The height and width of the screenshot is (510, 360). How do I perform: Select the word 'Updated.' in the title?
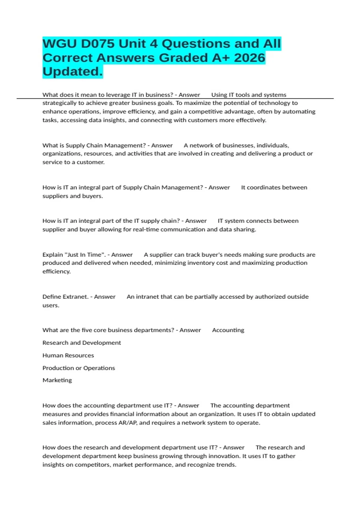(x=73, y=72)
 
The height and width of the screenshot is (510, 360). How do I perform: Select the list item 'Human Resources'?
(x=68, y=355)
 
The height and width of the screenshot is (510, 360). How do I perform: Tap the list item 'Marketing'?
(x=57, y=380)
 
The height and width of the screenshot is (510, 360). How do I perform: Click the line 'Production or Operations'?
(x=79, y=368)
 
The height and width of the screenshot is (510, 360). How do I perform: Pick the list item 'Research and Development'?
(x=82, y=343)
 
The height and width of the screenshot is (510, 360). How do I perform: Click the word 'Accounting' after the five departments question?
(x=228, y=330)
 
